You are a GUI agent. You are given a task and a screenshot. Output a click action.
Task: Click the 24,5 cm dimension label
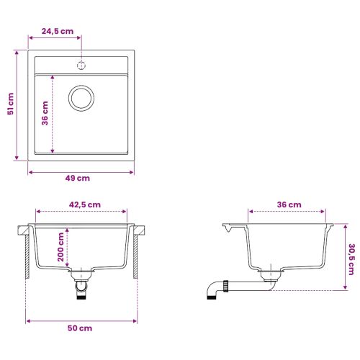(58, 31)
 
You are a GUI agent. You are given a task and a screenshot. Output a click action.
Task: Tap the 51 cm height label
(11, 104)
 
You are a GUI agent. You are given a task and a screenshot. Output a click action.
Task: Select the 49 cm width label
(78, 178)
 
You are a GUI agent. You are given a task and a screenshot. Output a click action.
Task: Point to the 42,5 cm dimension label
(85, 204)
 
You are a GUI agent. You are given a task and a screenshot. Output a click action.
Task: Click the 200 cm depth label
(60, 247)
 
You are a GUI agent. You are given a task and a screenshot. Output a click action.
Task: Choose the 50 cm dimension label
(80, 328)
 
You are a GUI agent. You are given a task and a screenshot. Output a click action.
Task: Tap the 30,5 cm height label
(351, 259)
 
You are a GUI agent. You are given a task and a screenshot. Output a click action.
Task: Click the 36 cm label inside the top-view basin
(45, 113)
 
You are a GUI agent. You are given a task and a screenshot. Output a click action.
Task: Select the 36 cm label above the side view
(289, 204)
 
